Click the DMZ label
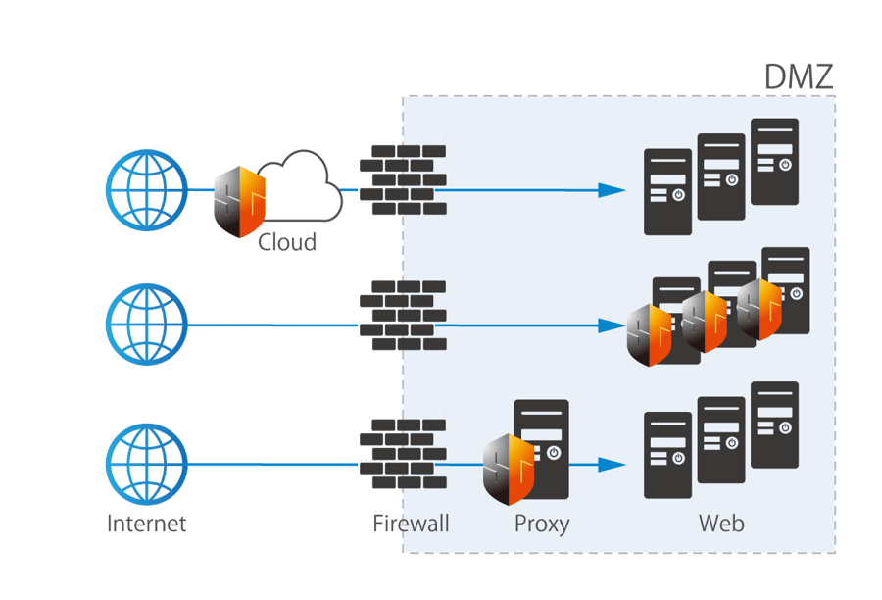click(x=798, y=76)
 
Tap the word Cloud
click(x=287, y=241)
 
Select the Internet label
click(x=146, y=523)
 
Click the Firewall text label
click(x=411, y=523)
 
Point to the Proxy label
click(x=541, y=523)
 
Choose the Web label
click(x=721, y=523)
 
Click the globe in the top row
click(x=146, y=190)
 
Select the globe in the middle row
click(x=146, y=325)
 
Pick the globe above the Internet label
click(x=146, y=463)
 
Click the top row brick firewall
click(x=402, y=179)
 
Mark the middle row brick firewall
click(x=402, y=316)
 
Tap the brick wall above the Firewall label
click(x=402, y=454)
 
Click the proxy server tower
click(x=542, y=449)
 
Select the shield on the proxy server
click(x=509, y=468)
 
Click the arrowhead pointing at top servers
click(x=612, y=190)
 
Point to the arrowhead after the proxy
click(x=612, y=465)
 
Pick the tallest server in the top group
click(x=774, y=162)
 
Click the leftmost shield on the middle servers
click(x=650, y=334)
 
